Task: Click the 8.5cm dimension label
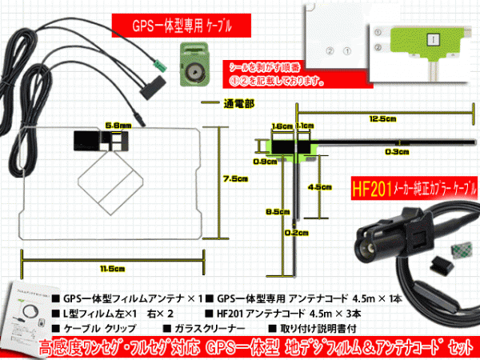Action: (x=276, y=212)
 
